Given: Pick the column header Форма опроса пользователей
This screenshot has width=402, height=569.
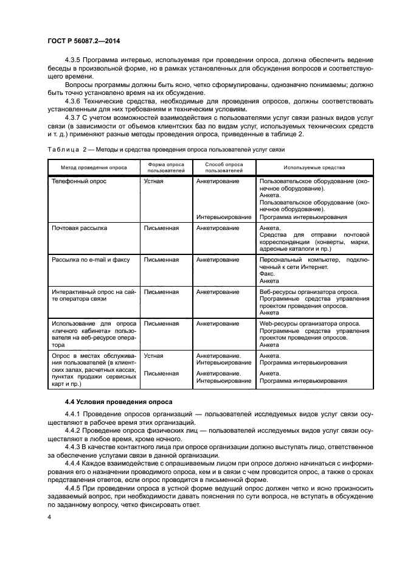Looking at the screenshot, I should click(x=167, y=167).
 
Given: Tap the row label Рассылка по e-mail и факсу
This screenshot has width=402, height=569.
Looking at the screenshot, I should click(x=91, y=259).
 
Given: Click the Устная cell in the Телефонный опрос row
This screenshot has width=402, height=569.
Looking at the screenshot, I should click(x=153, y=181).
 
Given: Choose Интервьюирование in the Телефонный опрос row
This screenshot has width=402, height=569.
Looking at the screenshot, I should click(x=224, y=217).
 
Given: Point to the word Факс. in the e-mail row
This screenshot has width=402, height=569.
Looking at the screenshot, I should click(x=267, y=274).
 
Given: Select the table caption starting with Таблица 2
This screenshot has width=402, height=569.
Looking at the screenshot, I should click(x=164, y=149).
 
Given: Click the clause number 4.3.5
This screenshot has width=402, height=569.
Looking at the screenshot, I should click(x=73, y=60).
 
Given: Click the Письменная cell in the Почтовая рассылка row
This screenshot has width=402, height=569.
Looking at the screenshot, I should click(x=161, y=228).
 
